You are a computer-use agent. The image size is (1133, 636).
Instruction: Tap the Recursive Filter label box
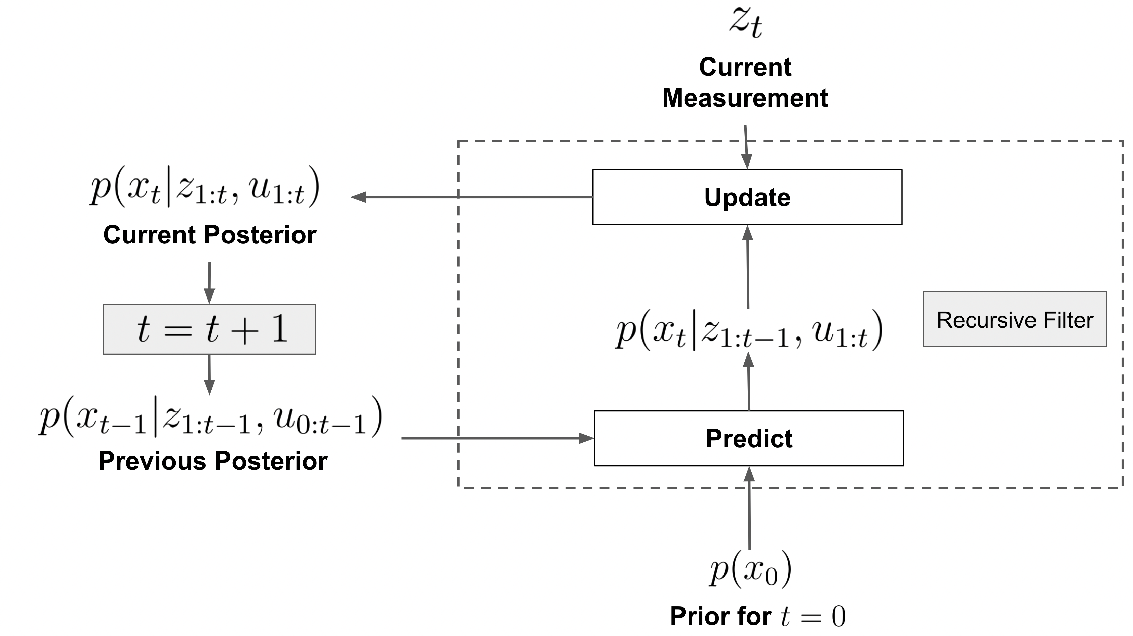(1014, 319)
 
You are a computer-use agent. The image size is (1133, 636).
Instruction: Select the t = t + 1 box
(209, 329)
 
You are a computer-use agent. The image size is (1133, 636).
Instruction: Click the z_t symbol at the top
(745, 23)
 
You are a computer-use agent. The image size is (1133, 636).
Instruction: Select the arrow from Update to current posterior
(471, 197)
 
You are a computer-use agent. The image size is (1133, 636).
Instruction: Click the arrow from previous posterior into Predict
(497, 438)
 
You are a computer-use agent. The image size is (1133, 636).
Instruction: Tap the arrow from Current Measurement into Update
(746, 147)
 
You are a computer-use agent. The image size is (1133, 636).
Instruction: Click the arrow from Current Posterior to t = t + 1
(209, 281)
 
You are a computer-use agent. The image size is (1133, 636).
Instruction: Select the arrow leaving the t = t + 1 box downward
(209, 374)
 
